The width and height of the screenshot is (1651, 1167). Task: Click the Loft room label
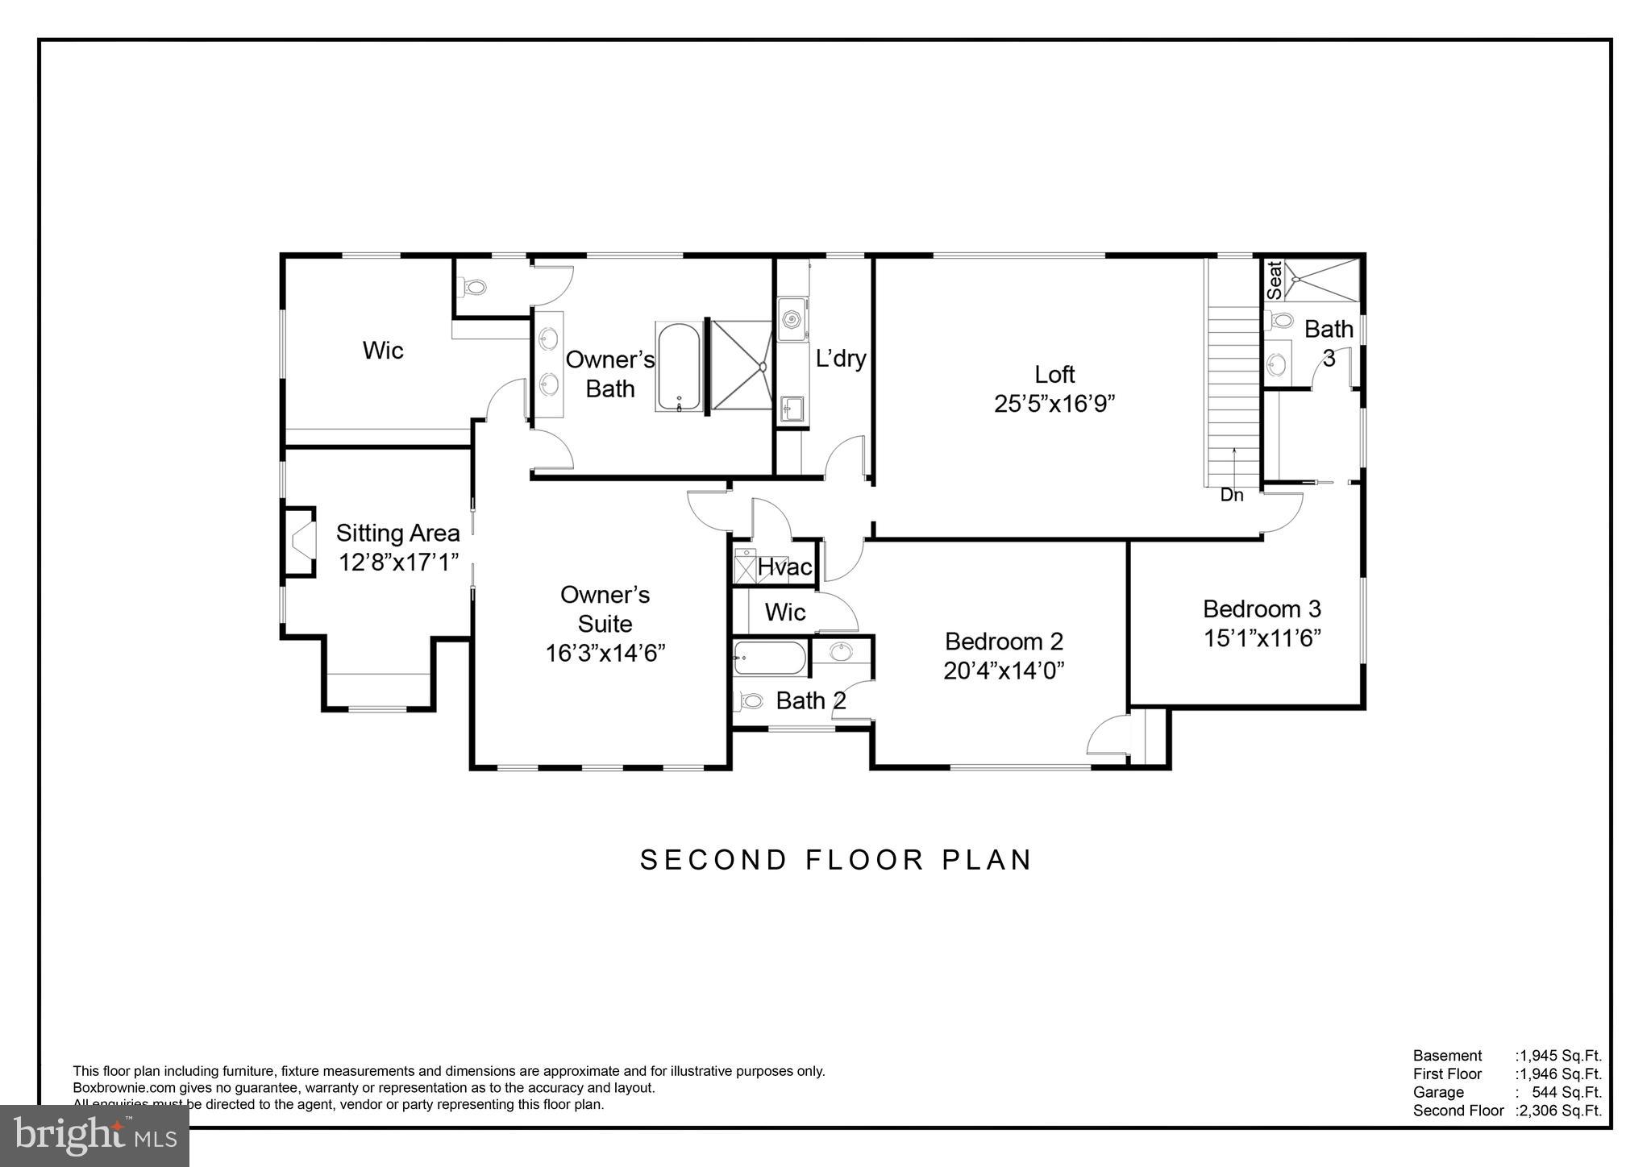point(1054,375)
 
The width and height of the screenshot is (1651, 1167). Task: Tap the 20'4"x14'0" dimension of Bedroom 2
point(1004,671)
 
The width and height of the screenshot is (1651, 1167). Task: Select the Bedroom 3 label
point(1262,608)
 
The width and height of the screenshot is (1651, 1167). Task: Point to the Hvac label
point(784,567)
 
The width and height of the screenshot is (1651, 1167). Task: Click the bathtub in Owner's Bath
point(679,367)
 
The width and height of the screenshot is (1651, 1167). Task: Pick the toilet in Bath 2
point(751,701)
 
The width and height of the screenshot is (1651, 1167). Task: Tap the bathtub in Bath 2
point(769,658)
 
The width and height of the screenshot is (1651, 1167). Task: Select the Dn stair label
point(1231,496)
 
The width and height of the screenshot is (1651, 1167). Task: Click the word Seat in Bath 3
point(1274,280)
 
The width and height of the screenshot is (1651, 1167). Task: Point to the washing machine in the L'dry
point(792,319)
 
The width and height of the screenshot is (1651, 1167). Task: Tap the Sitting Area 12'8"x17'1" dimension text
point(398,563)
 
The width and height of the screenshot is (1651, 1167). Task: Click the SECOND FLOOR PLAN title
point(835,860)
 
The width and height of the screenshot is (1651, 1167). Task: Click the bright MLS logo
point(94,1136)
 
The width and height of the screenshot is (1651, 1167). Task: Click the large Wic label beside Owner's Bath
point(382,351)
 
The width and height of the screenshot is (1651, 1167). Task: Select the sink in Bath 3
point(1277,364)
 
